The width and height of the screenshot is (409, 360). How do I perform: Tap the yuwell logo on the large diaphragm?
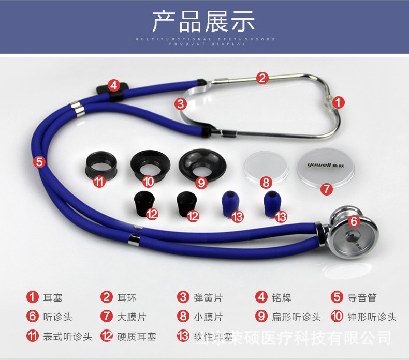click(317, 166)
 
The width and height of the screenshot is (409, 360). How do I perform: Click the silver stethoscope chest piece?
click(352, 232)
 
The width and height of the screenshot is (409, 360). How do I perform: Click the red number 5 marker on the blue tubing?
click(39, 162)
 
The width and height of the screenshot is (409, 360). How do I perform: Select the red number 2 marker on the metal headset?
click(262, 78)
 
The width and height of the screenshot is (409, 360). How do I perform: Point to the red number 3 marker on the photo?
click(181, 104)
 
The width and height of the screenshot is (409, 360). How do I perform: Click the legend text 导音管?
click(361, 297)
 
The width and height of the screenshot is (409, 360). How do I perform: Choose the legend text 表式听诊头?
click(66, 337)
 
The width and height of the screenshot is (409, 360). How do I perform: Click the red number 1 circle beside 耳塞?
click(33, 297)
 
